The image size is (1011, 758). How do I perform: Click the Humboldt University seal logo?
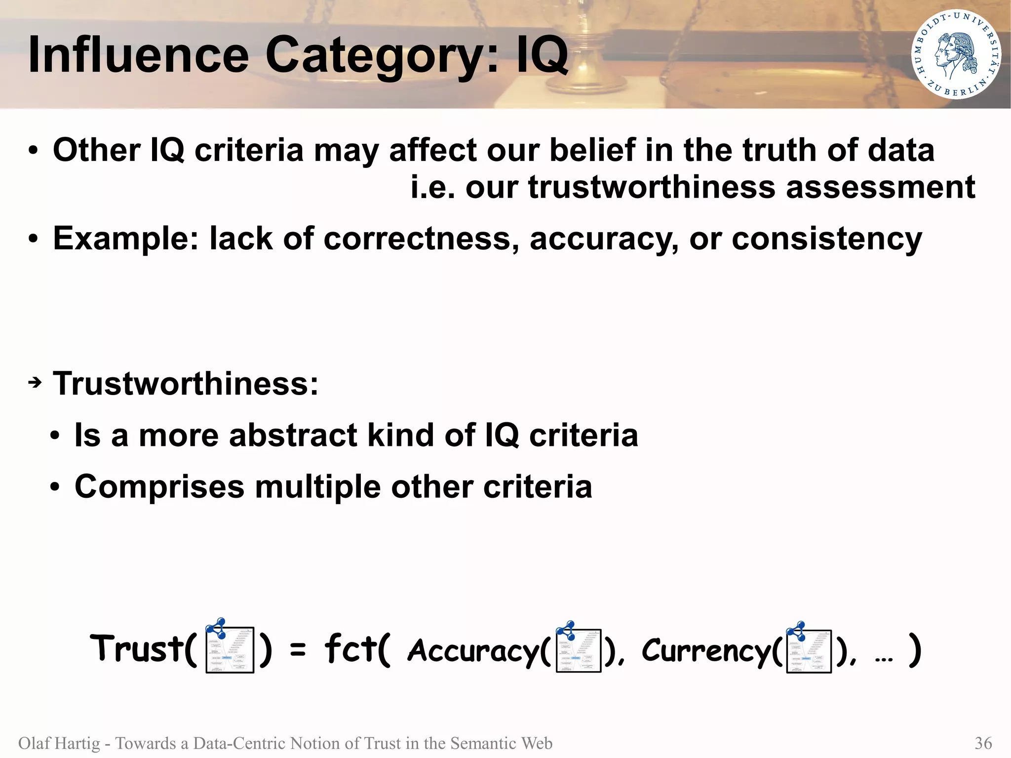pyautogui.click(x=956, y=54)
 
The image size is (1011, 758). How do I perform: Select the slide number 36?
pyautogui.click(x=983, y=743)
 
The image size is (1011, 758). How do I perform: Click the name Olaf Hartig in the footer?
pyautogui.click(x=59, y=743)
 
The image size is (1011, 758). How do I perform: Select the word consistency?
pyautogui.click(x=826, y=239)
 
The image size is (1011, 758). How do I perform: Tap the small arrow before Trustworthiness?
pyautogui.click(x=35, y=383)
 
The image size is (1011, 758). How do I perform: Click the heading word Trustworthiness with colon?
pyautogui.click(x=186, y=384)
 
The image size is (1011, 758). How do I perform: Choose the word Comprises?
pyautogui.click(x=159, y=487)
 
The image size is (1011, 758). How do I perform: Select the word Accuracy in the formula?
pyautogui.click(x=473, y=651)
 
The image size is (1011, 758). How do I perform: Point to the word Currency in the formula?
pyautogui.click(x=706, y=651)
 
